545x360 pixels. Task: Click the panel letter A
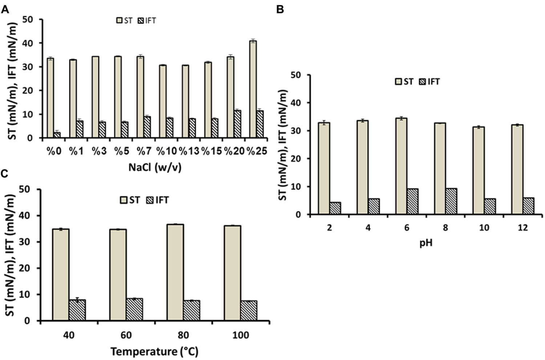[x=5, y=10]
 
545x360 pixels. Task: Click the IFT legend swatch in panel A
[x=141, y=21]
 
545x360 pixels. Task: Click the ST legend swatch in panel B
[x=399, y=82]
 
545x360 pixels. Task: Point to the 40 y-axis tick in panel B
[x=300, y=103]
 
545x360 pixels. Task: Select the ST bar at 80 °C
[x=175, y=272]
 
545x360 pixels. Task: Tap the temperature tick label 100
[x=240, y=335]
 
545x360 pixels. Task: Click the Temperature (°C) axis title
[x=154, y=352]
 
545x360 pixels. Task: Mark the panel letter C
[x=5, y=174]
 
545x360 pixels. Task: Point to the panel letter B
[x=280, y=10]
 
